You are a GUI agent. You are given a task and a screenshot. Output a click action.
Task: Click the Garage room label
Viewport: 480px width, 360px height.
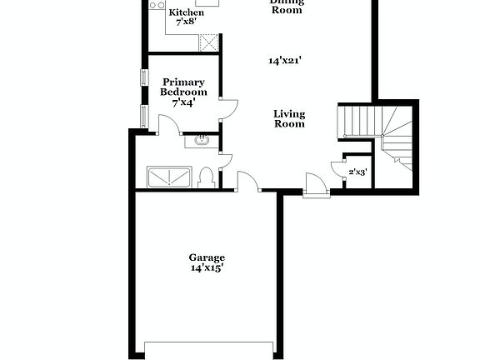[x=206, y=258]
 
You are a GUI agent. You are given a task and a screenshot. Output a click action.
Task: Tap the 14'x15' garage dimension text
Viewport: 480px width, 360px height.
[x=206, y=268]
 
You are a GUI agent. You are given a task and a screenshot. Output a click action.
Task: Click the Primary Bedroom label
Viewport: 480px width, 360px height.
[x=183, y=87]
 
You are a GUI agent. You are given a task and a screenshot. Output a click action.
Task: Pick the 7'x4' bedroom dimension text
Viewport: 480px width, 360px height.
[x=183, y=102]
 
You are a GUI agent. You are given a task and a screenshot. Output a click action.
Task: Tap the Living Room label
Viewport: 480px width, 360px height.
[x=289, y=119]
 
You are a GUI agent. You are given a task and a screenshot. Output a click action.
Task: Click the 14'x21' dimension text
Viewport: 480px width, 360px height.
[x=284, y=61]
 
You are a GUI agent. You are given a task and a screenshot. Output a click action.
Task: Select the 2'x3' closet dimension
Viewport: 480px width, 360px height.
[x=357, y=172]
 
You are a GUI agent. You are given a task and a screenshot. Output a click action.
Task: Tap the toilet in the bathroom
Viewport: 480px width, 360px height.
[x=207, y=177]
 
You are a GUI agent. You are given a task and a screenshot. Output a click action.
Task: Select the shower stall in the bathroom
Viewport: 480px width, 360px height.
[x=169, y=177]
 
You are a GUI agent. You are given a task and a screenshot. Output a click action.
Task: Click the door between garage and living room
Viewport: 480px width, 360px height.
[x=247, y=182]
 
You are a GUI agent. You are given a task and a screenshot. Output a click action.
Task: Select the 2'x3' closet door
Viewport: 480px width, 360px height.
[x=337, y=167]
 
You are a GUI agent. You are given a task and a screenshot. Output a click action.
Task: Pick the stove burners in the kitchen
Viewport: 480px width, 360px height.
[x=156, y=5]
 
